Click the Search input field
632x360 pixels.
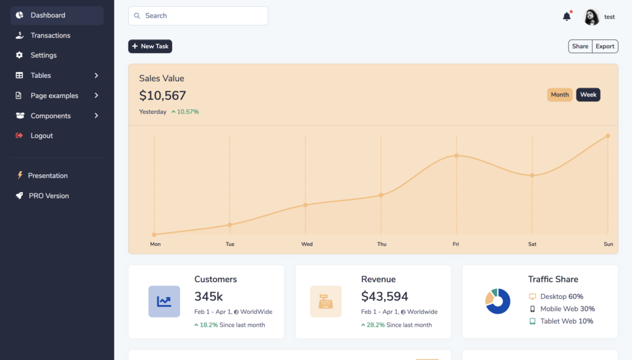(198, 16)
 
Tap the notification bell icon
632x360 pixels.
(567, 17)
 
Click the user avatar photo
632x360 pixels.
(591, 17)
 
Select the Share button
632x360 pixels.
(580, 46)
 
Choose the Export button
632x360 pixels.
(605, 46)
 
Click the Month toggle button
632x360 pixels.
(560, 94)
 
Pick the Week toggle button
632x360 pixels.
(588, 94)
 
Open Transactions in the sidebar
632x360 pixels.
(51, 35)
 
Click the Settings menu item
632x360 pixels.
(44, 55)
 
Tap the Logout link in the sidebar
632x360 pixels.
(42, 135)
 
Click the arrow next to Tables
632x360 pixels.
(96, 75)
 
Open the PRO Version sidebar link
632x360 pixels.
(49, 196)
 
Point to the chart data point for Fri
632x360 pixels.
(457, 156)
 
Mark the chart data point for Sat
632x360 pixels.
(532, 175)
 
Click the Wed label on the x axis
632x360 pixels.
(307, 244)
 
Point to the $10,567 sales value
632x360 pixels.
(162, 96)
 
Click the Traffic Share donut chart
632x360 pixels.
(497, 301)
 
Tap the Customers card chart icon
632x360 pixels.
(164, 301)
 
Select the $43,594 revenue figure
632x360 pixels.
(385, 296)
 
